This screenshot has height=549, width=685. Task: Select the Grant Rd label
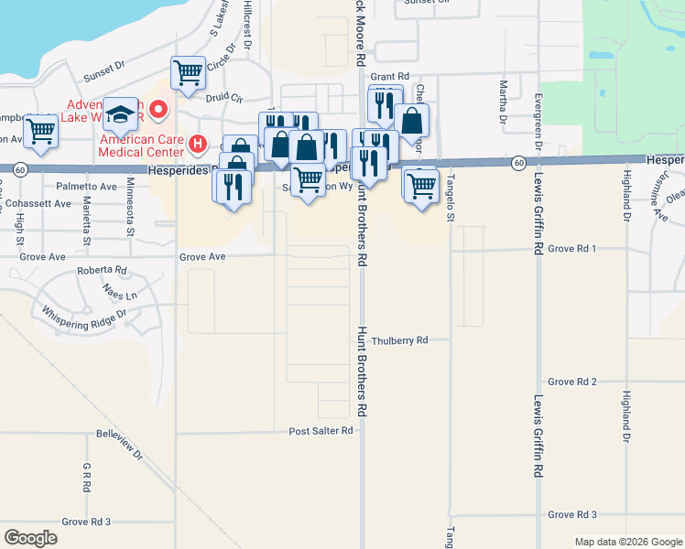[389, 77]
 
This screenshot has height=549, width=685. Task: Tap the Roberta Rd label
[102, 271]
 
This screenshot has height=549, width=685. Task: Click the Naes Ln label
[120, 296]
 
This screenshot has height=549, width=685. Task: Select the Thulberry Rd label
[400, 340]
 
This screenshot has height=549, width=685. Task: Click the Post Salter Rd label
[321, 431]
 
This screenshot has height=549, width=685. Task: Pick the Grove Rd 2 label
[572, 382]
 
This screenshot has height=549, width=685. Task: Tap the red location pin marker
[158, 111]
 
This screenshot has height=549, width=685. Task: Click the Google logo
[30, 537]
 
